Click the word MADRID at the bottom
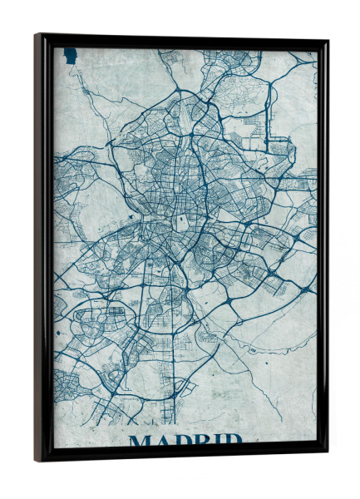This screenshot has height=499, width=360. (x=185, y=440)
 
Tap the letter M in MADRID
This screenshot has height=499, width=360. (x=141, y=441)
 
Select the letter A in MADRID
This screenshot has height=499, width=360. (x=162, y=441)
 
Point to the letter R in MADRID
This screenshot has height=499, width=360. (x=202, y=441)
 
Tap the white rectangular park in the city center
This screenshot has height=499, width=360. (x=180, y=222)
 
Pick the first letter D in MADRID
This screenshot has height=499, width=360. (x=182, y=441)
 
